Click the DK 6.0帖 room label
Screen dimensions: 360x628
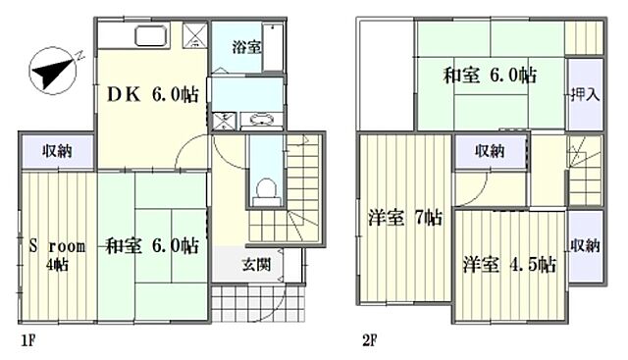152,96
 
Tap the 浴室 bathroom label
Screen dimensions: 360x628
245,46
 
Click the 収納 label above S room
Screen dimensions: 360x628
55,151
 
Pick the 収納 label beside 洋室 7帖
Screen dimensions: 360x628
491,151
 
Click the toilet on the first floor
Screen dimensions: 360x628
262,185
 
